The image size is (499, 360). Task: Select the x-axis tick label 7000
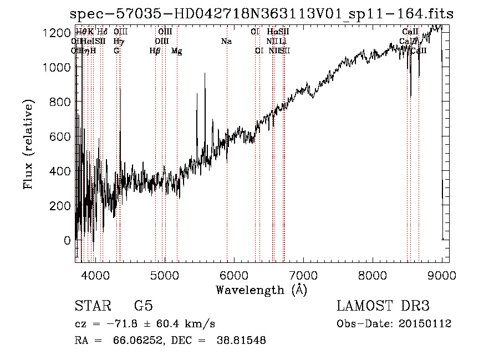coord(303,275)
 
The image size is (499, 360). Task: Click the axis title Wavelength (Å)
coord(261,290)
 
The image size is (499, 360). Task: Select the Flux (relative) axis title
coord(28,144)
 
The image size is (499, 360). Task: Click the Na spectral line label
coord(226,41)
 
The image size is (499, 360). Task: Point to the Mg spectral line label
coord(176,51)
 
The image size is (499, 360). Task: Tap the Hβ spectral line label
coord(155,51)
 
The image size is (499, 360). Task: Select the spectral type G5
coord(144,306)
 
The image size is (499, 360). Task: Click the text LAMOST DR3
coord(383,306)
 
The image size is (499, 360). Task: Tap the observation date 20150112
coord(428,324)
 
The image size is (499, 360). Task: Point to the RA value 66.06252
coord(135,341)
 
